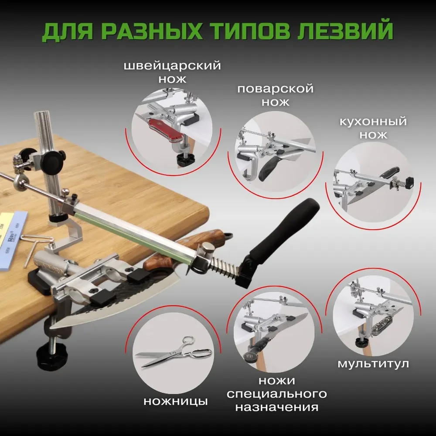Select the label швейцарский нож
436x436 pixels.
pyautogui.click(x=172, y=72)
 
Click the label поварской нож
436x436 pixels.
pyautogui.click(x=276, y=95)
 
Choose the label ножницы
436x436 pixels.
pyautogui.click(x=176, y=401)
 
